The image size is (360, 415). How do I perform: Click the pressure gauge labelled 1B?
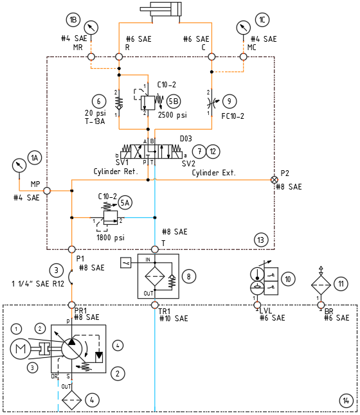(93, 27)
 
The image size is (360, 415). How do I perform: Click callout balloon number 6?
(98, 101)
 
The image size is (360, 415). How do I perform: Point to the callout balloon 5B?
(174, 102)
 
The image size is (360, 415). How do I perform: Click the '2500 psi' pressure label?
(172, 116)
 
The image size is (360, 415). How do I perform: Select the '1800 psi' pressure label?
(110, 237)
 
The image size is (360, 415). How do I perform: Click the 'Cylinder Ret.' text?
(115, 172)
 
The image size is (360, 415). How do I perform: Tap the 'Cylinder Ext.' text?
(213, 173)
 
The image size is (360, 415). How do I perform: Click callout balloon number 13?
(260, 240)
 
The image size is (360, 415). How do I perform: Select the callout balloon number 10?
(288, 279)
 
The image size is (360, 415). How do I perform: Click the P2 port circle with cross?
(274, 180)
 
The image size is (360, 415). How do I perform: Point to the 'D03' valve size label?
(185, 138)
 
